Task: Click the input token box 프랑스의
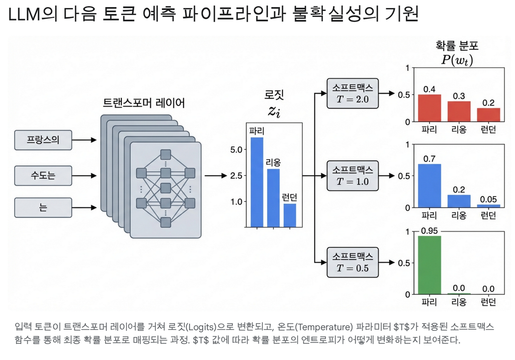(43, 140)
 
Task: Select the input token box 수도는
(43, 175)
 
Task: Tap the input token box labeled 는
(43, 207)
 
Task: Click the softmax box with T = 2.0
(352, 94)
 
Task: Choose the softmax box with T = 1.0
(352, 175)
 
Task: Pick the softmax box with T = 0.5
(352, 262)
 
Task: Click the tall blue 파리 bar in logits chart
(256, 182)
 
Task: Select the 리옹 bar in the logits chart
(273, 198)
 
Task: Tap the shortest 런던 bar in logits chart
(290, 215)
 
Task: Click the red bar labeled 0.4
(429, 108)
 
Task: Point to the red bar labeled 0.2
(488, 115)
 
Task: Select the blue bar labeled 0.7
(429, 186)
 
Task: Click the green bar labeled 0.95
(429, 265)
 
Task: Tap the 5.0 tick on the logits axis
(236, 150)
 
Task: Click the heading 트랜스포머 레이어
(144, 104)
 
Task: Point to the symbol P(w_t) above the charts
(456, 60)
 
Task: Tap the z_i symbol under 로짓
(274, 112)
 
